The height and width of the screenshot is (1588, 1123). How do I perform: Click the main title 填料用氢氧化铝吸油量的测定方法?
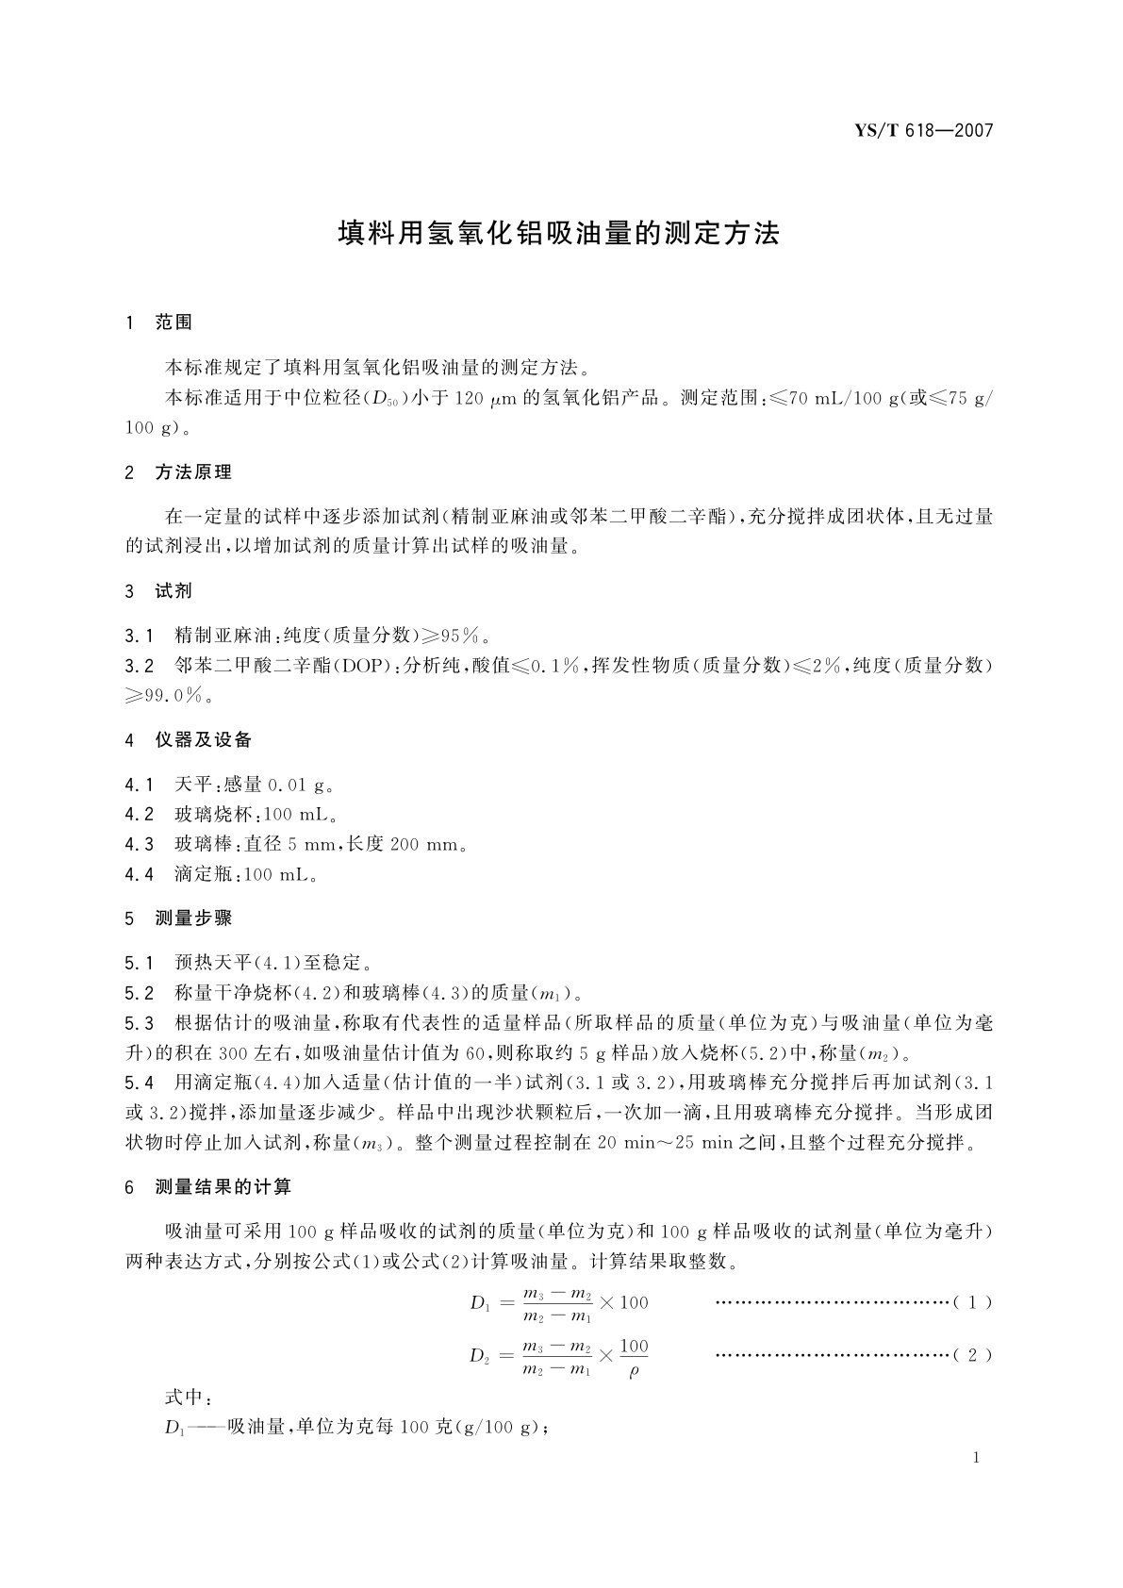[x=559, y=234]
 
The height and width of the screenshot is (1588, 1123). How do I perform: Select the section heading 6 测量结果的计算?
[x=208, y=1187]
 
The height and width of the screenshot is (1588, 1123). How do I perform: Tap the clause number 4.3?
[x=139, y=844]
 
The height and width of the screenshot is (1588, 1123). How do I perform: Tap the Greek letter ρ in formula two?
[x=634, y=1370]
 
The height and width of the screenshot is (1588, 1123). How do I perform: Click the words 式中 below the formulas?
[x=183, y=1397]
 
